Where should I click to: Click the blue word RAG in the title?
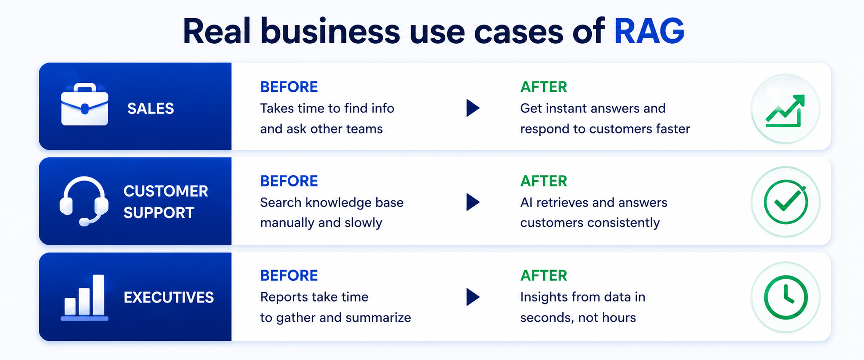click(x=649, y=31)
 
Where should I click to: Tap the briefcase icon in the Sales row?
click(x=85, y=105)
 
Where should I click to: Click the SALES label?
click(x=150, y=109)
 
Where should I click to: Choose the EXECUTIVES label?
click(x=169, y=297)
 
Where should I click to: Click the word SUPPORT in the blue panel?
click(x=159, y=213)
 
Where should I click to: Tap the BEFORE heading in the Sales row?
click(x=289, y=87)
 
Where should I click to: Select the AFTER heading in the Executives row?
click(x=544, y=275)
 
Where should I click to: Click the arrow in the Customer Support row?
click(x=472, y=202)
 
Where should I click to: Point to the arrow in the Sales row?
click(x=472, y=108)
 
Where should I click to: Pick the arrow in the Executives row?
click(x=472, y=297)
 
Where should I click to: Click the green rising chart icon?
click(x=785, y=111)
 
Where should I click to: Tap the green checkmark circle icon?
click(x=786, y=202)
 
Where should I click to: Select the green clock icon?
click(x=786, y=297)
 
